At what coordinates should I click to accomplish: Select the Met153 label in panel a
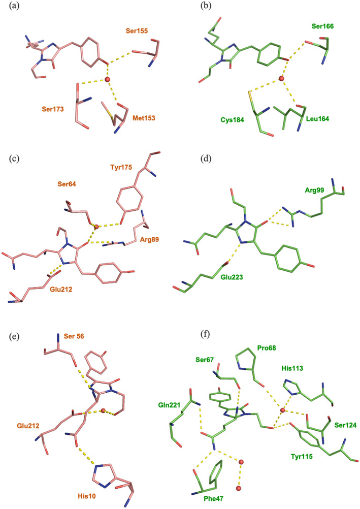[x=141, y=118]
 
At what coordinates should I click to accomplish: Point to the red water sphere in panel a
[x=107, y=80]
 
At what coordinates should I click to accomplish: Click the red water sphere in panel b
[x=281, y=79]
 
